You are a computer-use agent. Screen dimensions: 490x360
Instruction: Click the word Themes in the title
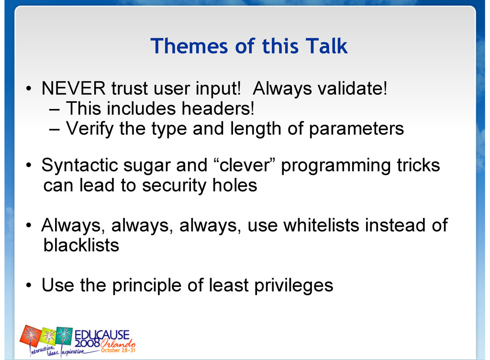pyautogui.click(x=189, y=46)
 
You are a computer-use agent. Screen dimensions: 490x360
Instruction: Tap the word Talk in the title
pyautogui.click(x=326, y=46)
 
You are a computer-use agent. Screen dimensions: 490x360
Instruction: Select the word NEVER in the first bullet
pyautogui.click(x=73, y=88)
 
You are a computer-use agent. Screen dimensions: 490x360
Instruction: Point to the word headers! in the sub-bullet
pyautogui.click(x=218, y=109)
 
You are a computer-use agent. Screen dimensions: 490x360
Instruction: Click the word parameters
pyautogui.click(x=356, y=129)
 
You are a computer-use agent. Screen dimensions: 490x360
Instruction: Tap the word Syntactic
pyautogui.click(x=79, y=165)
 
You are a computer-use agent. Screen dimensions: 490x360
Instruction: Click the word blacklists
pyautogui.click(x=81, y=245)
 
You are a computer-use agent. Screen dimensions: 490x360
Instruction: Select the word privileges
pyautogui.click(x=294, y=286)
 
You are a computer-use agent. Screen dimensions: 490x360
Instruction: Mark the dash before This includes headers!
pyautogui.click(x=54, y=110)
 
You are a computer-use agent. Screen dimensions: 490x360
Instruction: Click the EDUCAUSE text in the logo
pyautogui.click(x=102, y=335)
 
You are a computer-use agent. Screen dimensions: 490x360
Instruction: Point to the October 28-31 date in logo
pyautogui.click(x=118, y=350)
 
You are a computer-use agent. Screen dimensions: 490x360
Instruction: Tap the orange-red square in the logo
pyautogui.click(x=31, y=335)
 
